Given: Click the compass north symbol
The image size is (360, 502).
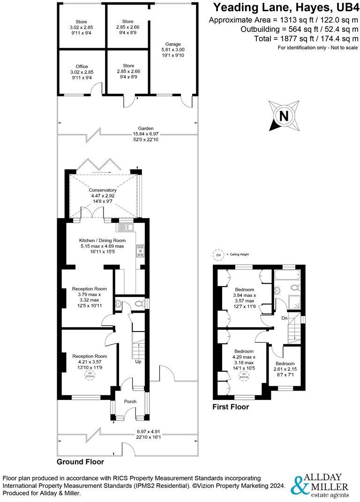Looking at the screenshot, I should [284, 115].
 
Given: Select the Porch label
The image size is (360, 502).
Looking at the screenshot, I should [130, 402].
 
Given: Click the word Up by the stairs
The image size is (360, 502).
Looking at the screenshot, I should [139, 362].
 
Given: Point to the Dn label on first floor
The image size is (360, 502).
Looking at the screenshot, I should [285, 318].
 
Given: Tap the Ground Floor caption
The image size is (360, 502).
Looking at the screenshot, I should [80, 462].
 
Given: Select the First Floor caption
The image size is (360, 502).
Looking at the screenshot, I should [231, 407].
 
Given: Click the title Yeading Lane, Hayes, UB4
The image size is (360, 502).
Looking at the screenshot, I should [285, 7].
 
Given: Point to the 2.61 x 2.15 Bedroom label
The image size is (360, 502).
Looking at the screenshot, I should [285, 367].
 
